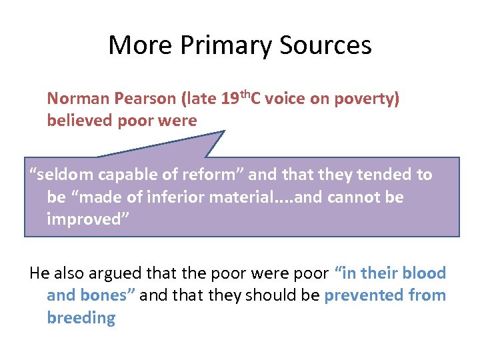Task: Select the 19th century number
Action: [x=231, y=99]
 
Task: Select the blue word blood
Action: [x=423, y=273]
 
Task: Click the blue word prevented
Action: [x=361, y=295]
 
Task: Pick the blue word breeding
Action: [x=81, y=318]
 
